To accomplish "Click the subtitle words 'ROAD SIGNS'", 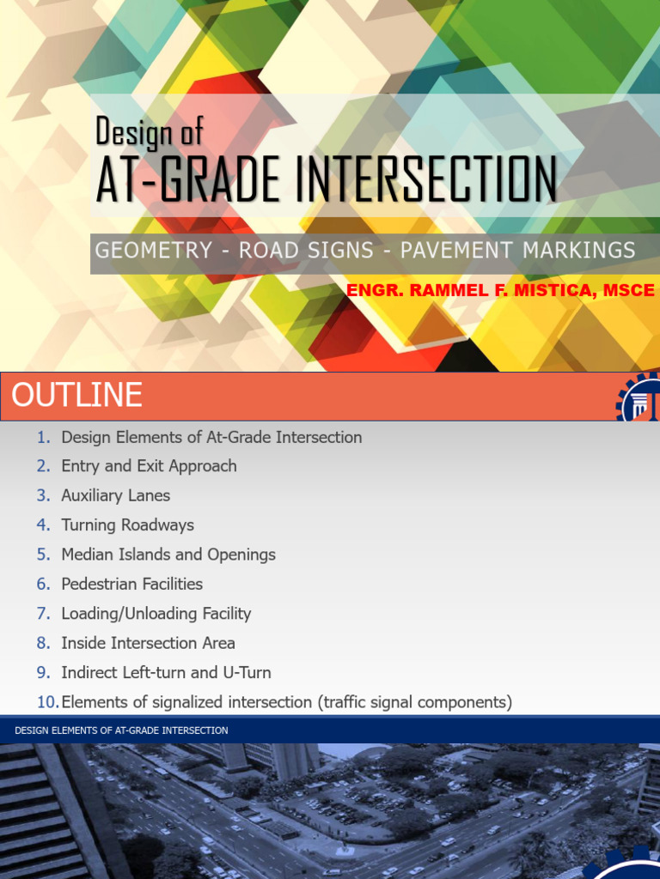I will click(x=306, y=251).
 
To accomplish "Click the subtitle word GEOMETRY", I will click(x=153, y=251).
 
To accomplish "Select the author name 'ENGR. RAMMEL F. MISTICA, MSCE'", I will click(x=500, y=291).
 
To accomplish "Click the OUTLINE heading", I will click(x=76, y=396).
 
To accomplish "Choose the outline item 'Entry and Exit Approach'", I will click(x=149, y=466).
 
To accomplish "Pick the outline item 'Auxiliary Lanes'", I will click(x=115, y=495).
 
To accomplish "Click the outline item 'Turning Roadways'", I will click(x=127, y=525).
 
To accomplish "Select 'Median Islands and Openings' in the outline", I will click(x=168, y=555).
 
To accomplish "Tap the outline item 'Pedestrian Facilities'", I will click(x=131, y=584).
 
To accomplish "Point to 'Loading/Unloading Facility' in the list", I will click(x=156, y=614).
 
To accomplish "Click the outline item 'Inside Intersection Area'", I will click(x=148, y=643).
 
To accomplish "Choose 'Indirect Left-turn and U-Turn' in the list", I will click(x=166, y=672).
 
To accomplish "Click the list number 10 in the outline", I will click(x=47, y=702).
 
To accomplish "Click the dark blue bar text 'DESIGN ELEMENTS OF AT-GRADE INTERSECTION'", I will click(x=121, y=730).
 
